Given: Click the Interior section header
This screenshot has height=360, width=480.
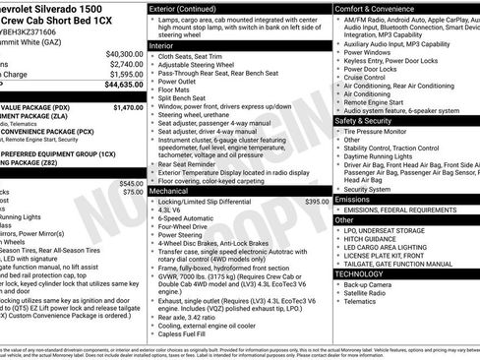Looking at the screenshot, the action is [x=162, y=45].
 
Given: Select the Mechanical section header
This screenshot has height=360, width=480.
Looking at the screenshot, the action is [x=169, y=191].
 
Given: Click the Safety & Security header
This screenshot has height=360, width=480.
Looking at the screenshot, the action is [x=369, y=121].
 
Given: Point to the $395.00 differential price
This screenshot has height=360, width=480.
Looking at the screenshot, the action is [x=317, y=201].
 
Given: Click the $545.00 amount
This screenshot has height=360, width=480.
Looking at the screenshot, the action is [x=130, y=184].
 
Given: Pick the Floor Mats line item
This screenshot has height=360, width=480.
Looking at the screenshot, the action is [x=174, y=89].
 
